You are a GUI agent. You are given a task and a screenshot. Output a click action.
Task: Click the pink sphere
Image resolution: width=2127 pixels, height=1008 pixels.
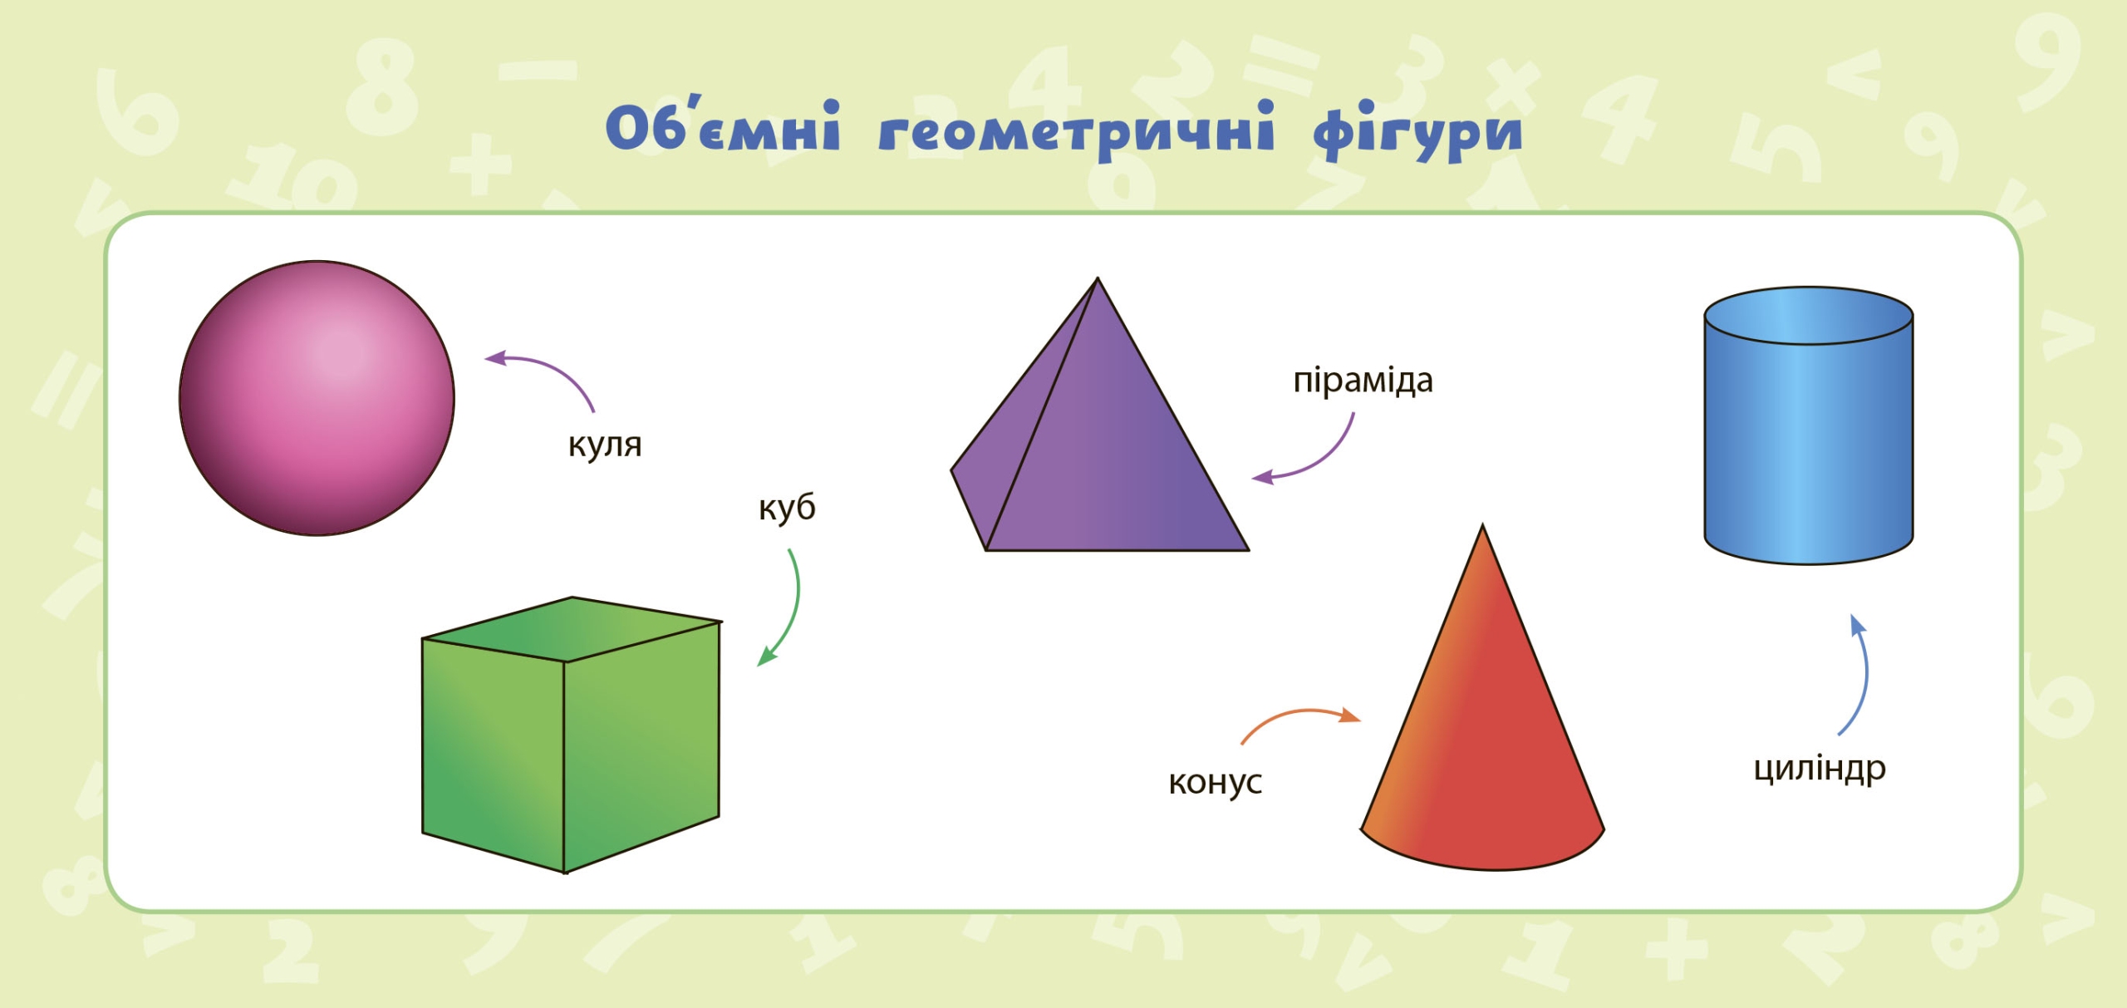click(x=317, y=398)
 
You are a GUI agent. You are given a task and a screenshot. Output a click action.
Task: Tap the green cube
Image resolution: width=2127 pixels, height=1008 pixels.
click(x=571, y=735)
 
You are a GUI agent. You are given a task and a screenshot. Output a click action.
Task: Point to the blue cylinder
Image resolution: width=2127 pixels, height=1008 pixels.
click(x=1809, y=425)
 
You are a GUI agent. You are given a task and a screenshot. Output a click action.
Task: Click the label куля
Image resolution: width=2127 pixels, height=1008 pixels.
click(x=605, y=445)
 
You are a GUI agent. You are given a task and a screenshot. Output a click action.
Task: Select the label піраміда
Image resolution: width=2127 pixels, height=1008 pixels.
click(x=1363, y=381)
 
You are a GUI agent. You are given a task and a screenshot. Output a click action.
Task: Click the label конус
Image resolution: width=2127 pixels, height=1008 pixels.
click(x=1216, y=782)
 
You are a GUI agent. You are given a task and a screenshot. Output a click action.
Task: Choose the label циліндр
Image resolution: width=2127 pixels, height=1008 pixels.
click(x=1820, y=769)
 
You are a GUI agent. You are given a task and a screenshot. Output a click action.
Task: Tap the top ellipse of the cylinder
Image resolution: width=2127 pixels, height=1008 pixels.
click(x=1809, y=316)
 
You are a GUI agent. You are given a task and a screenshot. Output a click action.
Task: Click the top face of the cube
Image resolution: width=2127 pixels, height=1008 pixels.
click(x=572, y=629)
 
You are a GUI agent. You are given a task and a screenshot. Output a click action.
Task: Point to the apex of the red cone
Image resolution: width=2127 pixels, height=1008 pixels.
click(x=1482, y=525)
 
